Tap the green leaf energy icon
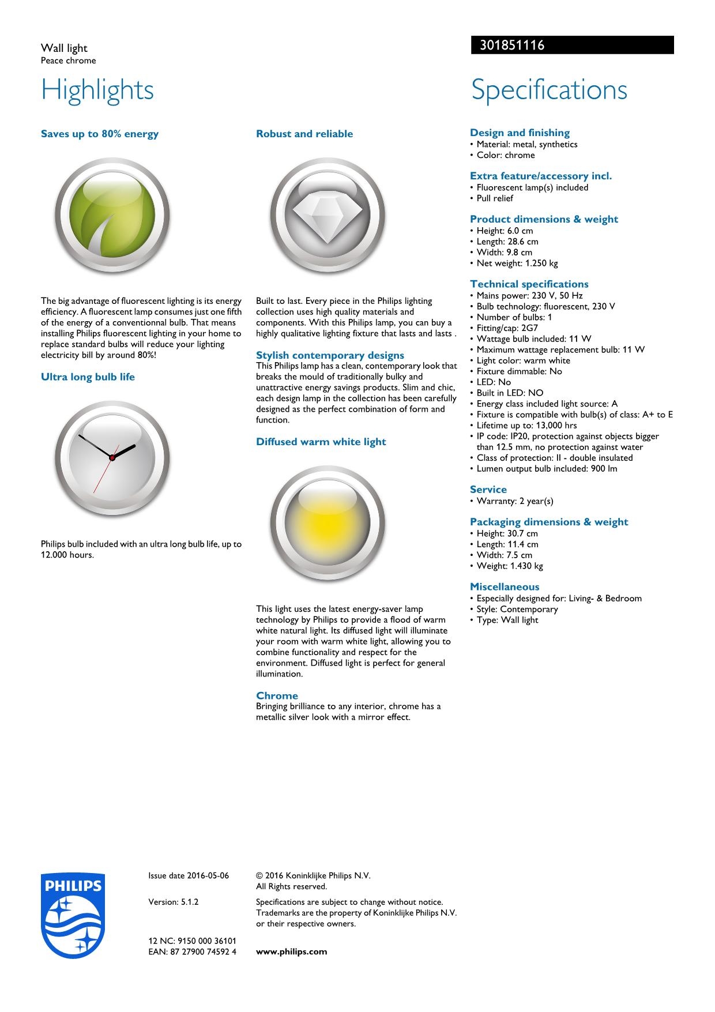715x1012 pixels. (x=112, y=215)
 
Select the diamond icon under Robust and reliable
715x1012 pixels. (x=327, y=215)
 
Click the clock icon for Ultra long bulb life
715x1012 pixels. (x=112, y=457)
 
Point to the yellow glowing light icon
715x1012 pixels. (x=327, y=522)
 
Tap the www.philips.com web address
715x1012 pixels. (x=291, y=951)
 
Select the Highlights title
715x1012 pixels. (x=97, y=90)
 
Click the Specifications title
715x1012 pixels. (x=549, y=90)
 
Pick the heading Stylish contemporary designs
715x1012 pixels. (x=330, y=355)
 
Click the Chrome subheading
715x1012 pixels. (x=277, y=695)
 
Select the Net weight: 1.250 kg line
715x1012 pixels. (x=517, y=263)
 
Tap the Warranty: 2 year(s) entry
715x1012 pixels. (x=514, y=501)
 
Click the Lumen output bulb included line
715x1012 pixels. (x=546, y=469)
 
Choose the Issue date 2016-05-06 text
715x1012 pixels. (x=189, y=875)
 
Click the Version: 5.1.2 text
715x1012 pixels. (x=174, y=902)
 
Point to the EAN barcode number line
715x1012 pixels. (x=192, y=951)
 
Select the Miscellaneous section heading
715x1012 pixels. (x=505, y=587)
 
